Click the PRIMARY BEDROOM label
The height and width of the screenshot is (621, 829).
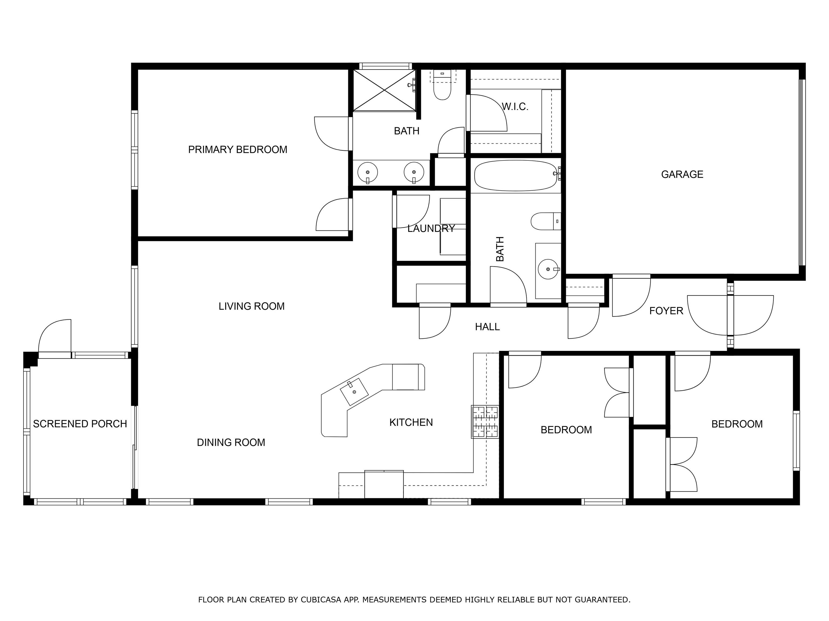pyautogui.click(x=237, y=150)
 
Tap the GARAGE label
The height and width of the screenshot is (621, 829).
pyautogui.click(x=682, y=174)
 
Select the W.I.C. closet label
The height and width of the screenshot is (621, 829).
pyautogui.click(x=515, y=107)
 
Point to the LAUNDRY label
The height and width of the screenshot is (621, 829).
pyautogui.click(x=431, y=228)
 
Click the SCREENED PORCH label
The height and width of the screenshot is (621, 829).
pyautogui.click(x=80, y=424)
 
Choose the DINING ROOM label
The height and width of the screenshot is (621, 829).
pyautogui.click(x=231, y=443)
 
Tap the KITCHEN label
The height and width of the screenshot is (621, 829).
pyautogui.click(x=411, y=423)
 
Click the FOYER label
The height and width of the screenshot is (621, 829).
pyautogui.click(x=666, y=311)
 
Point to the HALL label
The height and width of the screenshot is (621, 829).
pyautogui.click(x=487, y=327)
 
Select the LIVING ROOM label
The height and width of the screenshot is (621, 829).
pyautogui.click(x=252, y=306)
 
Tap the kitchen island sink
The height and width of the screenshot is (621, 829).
pyautogui.click(x=354, y=392)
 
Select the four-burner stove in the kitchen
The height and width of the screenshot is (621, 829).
pyautogui.click(x=485, y=422)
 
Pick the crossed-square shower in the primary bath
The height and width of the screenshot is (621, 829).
pyautogui.click(x=385, y=90)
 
